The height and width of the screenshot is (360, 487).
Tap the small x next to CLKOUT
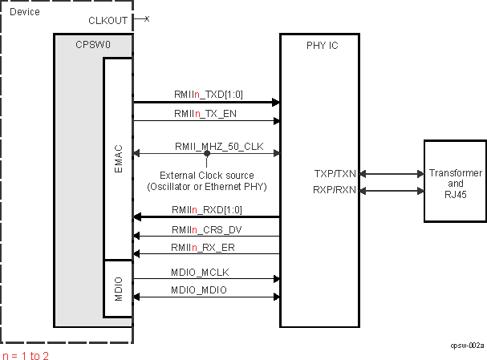(x=147, y=18)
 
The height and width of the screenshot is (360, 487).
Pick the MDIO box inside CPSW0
(x=118, y=287)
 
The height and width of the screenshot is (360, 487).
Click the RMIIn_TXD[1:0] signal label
(x=209, y=94)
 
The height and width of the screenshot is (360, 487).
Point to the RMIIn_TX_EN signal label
(x=206, y=113)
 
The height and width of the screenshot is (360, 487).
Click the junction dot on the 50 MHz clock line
(x=206, y=154)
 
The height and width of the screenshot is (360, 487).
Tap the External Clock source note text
(x=206, y=180)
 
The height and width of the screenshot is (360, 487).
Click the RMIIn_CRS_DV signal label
(x=206, y=229)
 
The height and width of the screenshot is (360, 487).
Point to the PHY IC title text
(x=323, y=46)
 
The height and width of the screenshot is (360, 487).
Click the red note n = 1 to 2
(x=26, y=355)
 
